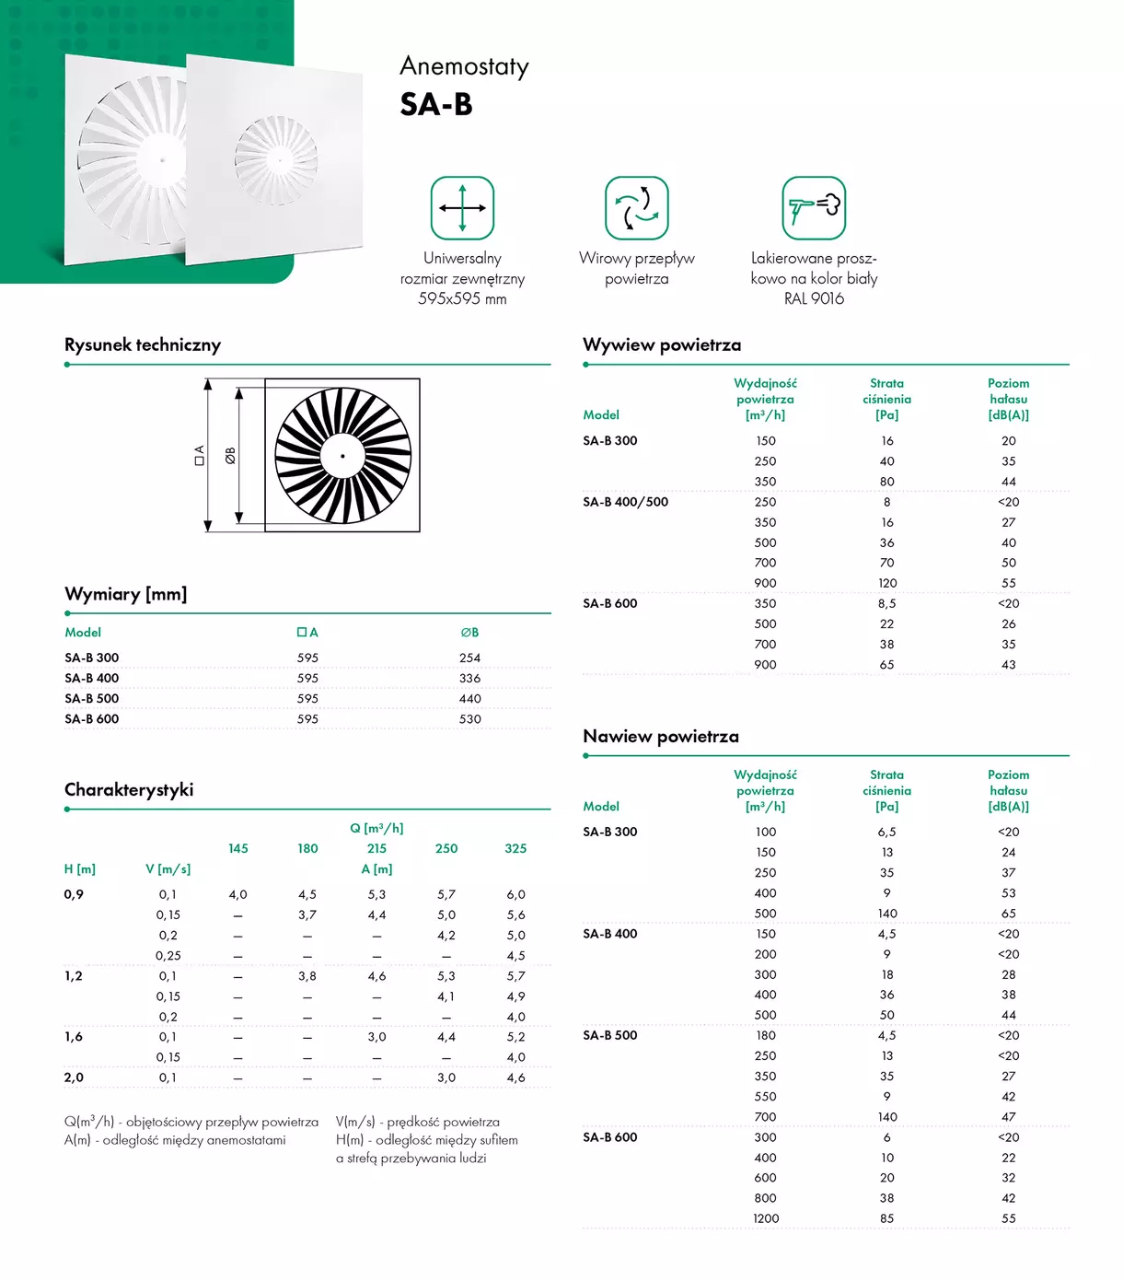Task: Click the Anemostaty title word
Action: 464,67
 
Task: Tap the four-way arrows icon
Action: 462,208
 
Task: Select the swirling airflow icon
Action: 636,208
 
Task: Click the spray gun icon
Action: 814,208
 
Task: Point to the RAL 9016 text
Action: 814,298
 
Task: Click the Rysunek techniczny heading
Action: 143,345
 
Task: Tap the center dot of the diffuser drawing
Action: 342,456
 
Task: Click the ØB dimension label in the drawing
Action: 230,455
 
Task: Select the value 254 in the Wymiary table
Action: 469,658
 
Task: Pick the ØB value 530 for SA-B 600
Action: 469,719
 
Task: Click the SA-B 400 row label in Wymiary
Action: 92,679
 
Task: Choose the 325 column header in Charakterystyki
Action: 515,849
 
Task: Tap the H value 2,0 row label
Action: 74,1077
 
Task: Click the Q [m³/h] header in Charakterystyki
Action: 376,829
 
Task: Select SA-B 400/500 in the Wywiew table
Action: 626,502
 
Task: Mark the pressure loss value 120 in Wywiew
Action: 887,583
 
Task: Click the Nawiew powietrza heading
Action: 661,737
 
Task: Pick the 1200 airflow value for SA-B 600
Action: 766,1218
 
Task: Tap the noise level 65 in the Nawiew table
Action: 1009,914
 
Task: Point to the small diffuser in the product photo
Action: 276,158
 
